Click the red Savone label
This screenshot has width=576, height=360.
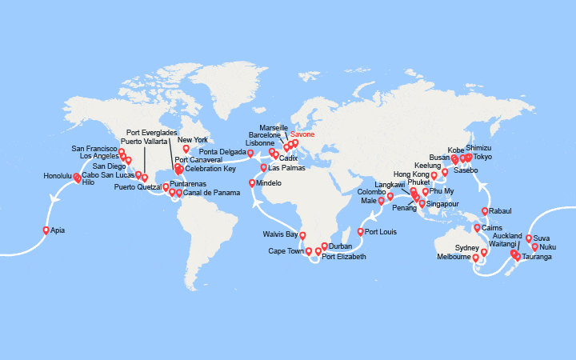(x=302, y=134)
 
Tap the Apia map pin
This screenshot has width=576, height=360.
(x=46, y=230)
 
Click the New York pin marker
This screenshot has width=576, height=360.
(x=186, y=149)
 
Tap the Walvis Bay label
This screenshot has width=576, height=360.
(x=280, y=234)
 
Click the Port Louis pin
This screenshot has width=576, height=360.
(x=360, y=232)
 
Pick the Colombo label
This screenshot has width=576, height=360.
(x=371, y=192)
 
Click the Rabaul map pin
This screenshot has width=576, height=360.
(x=485, y=212)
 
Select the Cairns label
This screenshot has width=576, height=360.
(x=492, y=228)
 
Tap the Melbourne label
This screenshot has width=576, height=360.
(x=454, y=257)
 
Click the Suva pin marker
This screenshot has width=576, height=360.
(x=529, y=238)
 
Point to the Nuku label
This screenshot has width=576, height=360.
(x=547, y=247)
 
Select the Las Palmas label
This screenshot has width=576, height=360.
(x=286, y=168)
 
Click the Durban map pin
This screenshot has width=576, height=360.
(x=325, y=246)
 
